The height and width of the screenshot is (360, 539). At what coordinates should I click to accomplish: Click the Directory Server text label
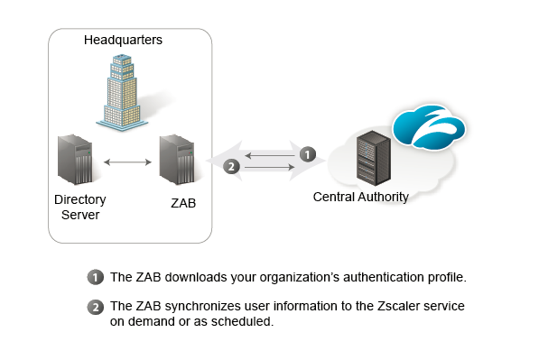(x=80, y=207)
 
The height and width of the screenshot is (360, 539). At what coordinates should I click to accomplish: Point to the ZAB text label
(x=183, y=203)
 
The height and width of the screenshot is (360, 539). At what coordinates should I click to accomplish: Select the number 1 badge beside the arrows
(x=308, y=154)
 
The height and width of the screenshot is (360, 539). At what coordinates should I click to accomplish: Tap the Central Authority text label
(x=360, y=197)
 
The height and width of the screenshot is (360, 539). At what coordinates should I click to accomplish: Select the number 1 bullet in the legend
(x=96, y=276)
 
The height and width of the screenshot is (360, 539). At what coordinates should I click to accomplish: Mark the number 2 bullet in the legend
(x=96, y=307)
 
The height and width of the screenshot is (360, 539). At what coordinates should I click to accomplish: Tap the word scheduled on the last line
(x=241, y=321)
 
